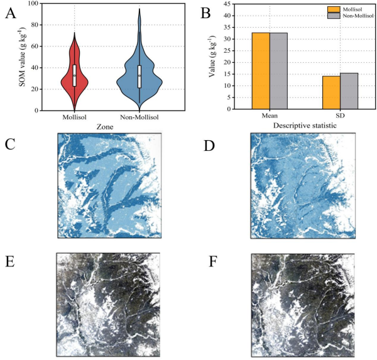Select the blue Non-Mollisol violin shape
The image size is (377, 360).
139,79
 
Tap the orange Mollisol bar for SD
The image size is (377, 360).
331,93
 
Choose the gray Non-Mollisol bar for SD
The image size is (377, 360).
349,91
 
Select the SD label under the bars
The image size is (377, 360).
340,117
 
